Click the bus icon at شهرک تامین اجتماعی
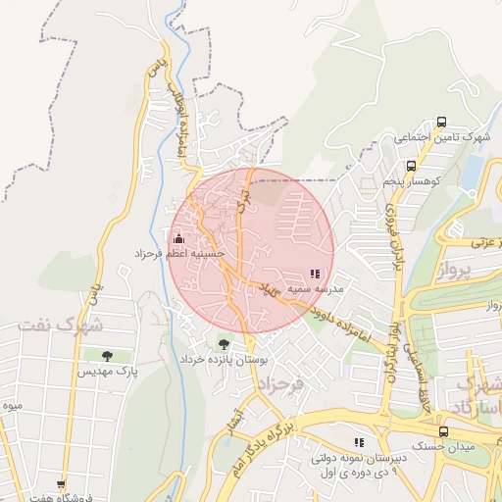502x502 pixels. coord(441,124)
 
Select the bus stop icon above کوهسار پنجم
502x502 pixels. coord(412,166)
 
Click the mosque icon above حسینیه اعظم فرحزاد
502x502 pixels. coord(178,238)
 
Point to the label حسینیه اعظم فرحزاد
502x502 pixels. coord(179,254)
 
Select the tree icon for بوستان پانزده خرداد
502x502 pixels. coord(225,344)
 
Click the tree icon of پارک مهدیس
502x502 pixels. coord(107,356)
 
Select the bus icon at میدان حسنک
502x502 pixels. coord(443,431)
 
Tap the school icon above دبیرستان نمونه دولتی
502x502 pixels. coord(359,442)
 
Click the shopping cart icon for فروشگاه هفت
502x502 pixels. coord(61,484)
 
